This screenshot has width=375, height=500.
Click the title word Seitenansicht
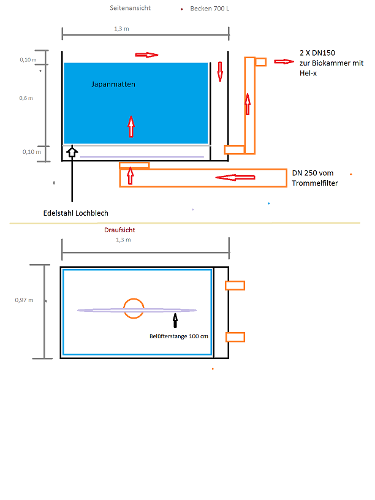130,8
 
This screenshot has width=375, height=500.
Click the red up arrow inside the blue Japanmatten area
131,126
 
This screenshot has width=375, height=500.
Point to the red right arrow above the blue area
146,55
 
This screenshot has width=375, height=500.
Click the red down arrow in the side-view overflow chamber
219,71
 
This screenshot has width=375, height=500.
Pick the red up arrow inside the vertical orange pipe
248,104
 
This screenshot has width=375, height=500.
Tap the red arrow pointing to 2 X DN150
284,61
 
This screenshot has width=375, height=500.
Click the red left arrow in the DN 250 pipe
235,178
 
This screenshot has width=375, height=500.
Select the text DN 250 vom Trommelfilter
315,178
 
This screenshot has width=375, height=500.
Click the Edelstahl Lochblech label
76,213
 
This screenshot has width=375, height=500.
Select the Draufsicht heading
120,230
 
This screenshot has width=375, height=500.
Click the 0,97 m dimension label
24,300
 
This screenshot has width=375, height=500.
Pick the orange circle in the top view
133,308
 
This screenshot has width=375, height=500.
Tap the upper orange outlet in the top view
235,285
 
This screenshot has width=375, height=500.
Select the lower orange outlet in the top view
235,336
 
